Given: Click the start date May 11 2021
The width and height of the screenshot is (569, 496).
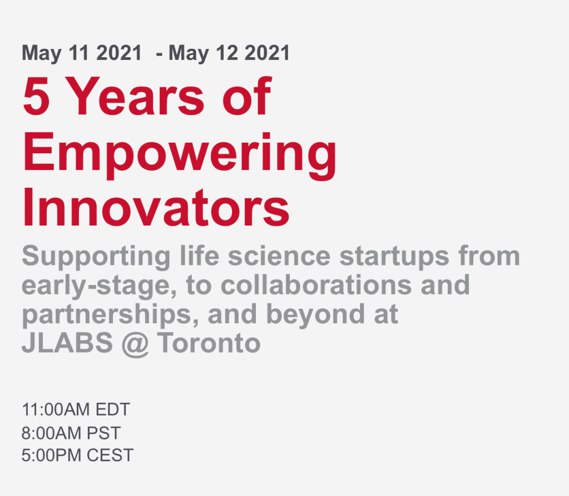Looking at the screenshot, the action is pos(82,53).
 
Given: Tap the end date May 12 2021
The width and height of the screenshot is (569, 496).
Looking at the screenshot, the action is pos(229,53).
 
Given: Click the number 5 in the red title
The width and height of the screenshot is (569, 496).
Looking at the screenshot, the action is pos(36,97).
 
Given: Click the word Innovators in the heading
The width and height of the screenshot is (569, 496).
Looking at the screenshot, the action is pos(156,208).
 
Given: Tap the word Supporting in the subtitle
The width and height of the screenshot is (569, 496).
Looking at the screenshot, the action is pos(96,257).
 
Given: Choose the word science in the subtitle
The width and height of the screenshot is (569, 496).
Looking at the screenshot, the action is pos(279,256).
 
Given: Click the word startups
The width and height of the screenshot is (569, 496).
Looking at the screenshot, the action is pos(394,257).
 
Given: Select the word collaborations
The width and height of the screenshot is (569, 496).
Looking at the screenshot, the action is pos(316,285).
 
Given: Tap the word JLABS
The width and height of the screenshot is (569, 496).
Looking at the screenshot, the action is pos(67,343).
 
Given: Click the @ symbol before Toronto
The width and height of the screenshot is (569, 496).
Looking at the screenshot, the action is pos(135,344).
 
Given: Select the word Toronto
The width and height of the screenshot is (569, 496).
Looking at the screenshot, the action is pos(209,343).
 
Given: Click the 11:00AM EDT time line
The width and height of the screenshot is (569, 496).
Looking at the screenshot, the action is pos(76,410).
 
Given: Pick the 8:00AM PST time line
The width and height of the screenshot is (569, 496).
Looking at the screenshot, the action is pos(71,433).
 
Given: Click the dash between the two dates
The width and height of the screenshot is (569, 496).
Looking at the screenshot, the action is pos(159,54).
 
